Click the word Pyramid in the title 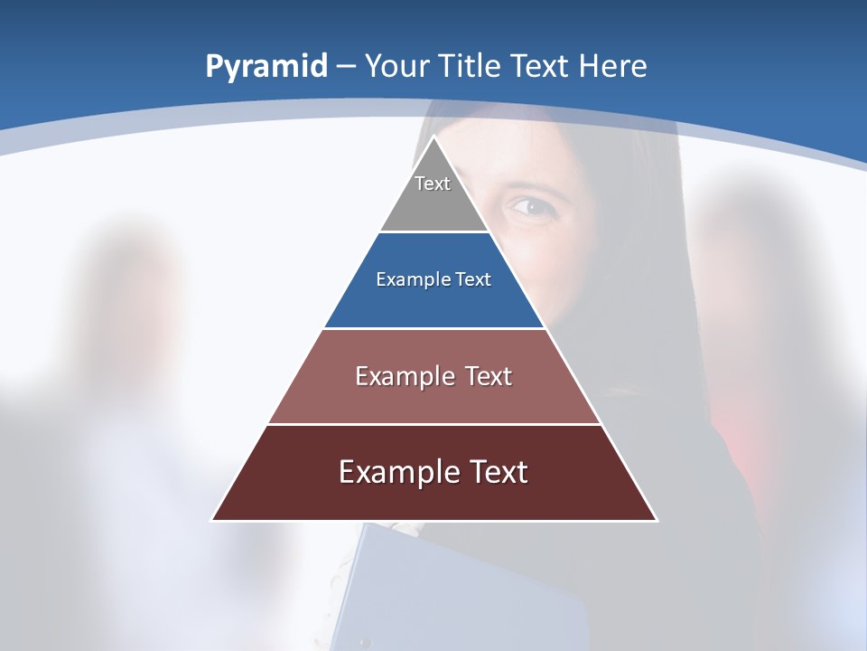266,67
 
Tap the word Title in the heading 473,66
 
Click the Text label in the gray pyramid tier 433,184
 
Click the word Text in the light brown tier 489,376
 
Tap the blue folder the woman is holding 452,588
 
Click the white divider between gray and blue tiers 434,232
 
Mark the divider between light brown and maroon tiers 434,424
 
